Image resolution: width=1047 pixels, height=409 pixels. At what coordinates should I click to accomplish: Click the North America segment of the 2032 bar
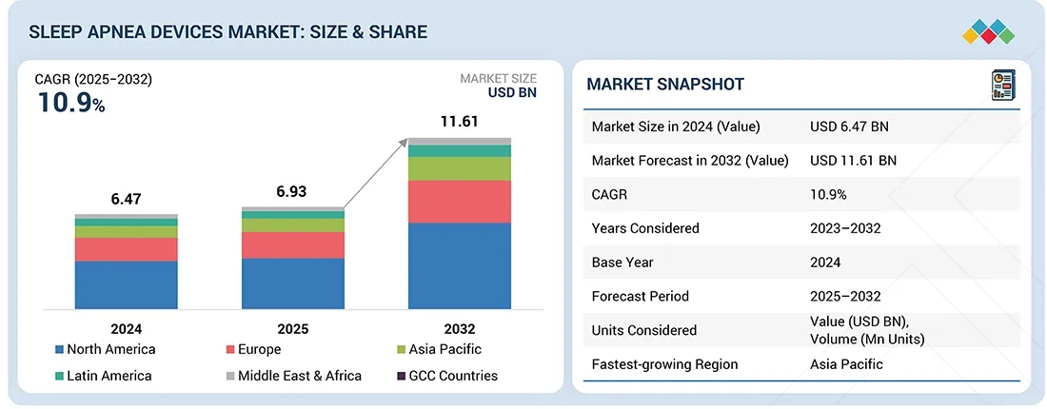[x=460, y=265]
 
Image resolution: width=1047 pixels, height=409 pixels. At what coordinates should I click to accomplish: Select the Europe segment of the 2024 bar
[x=127, y=249]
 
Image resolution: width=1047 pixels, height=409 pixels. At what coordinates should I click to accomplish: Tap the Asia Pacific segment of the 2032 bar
[x=460, y=168]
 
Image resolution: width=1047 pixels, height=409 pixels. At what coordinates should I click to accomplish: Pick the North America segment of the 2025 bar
[x=293, y=282]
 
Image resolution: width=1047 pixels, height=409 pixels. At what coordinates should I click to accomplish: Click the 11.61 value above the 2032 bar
[x=459, y=122]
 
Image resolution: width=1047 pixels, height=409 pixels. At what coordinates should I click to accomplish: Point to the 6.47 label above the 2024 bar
[x=126, y=200]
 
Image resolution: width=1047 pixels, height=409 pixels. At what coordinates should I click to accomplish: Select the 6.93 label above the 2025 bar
[x=292, y=191]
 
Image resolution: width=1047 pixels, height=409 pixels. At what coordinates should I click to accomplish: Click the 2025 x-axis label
[x=292, y=328]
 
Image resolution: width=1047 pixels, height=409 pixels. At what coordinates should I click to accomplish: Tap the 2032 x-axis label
[x=459, y=328]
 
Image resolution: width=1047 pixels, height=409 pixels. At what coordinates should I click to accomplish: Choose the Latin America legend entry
[x=104, y=376]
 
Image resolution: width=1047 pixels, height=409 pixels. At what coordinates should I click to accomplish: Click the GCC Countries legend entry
[x=446, y=376]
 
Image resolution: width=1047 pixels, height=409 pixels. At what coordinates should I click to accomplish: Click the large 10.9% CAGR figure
[x=71, y=103]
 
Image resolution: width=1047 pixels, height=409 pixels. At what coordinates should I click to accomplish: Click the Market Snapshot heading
[x=664, y=85]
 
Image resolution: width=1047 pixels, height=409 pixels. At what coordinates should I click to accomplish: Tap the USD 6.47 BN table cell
[x=849, y=127]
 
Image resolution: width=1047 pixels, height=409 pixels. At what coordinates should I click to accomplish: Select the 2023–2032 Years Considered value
[x=845, y=228]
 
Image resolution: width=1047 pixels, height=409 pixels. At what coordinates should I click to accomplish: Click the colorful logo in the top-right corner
[x=991, y=30]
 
